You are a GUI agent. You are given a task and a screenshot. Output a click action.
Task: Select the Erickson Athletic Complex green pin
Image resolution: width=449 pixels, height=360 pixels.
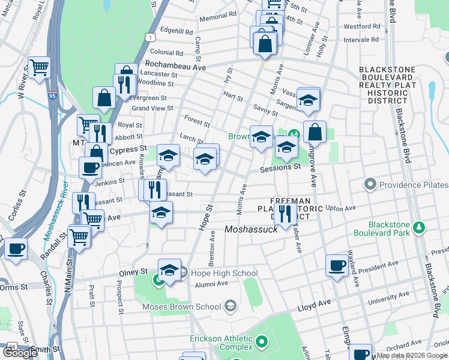click(261, 343)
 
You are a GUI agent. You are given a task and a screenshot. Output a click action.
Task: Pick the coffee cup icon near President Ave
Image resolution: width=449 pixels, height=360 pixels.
click(337, 265)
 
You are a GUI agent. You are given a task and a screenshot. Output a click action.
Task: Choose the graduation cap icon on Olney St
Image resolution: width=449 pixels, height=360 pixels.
click(170, 270)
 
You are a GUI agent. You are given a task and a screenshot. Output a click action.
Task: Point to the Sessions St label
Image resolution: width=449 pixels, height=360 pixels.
click(280, 169)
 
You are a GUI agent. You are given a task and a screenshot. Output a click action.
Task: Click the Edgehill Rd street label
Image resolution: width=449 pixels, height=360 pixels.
click(176, 32)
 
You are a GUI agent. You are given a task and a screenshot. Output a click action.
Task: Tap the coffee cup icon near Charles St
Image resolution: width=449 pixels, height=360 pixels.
click(16, 248)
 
